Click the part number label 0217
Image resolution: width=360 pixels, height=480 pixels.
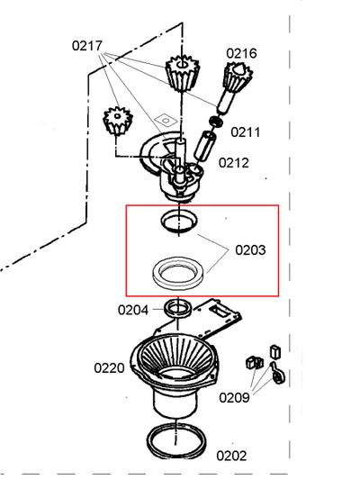tap(87, 46)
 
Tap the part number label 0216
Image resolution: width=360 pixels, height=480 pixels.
tap(241, 53)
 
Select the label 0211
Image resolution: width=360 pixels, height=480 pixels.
tap(246, 132)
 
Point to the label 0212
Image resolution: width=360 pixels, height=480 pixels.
tap(234, 163)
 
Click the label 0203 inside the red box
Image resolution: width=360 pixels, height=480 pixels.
tap(250, 250)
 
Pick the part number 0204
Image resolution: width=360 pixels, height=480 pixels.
tap(133, 310)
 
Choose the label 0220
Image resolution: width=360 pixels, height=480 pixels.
tap(109, 368)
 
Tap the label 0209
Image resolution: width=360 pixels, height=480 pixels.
tap(234, 398)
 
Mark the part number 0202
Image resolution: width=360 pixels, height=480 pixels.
tap(231, 456)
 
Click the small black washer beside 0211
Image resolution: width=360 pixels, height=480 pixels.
tap(216, 122)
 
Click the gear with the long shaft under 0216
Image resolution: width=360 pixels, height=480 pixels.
tap(234, 86)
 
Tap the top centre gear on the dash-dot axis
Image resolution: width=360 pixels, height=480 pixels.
tap(183, 73)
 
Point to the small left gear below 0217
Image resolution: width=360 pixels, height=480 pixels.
tap(118, 121)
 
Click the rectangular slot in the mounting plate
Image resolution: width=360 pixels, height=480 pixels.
tap(220, 311)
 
